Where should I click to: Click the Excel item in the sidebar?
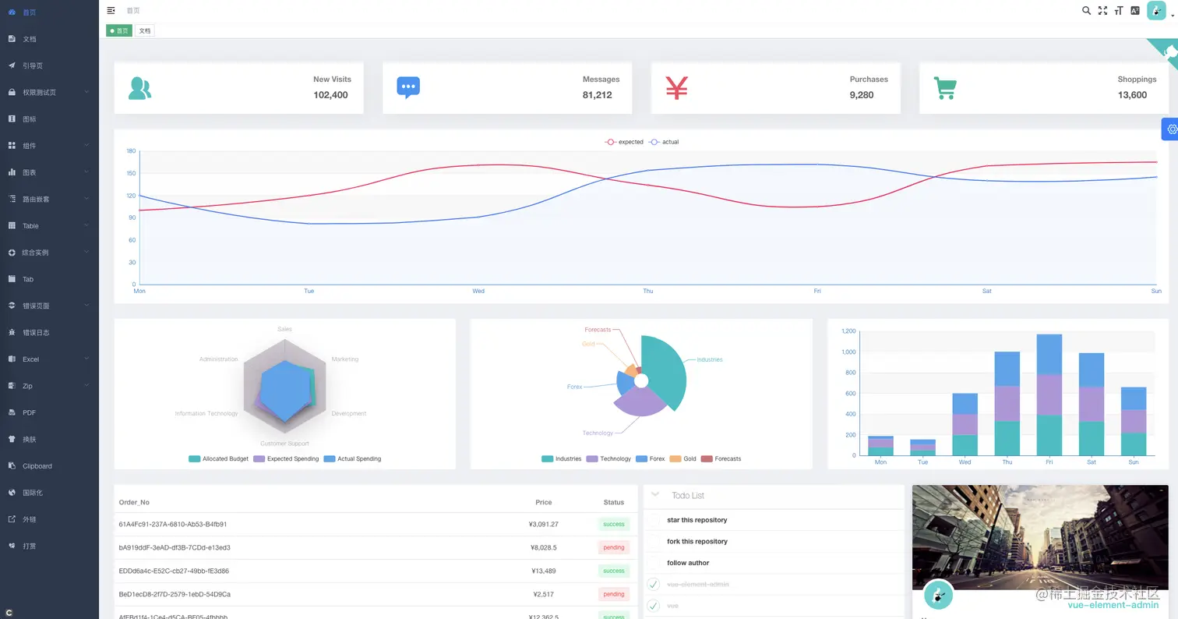coord(30,359)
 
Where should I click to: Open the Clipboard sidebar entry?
coord(37,466)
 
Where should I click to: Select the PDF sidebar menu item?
coord(29,412)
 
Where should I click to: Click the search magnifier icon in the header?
coord(1087,10)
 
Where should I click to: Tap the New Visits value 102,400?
coord(330,95)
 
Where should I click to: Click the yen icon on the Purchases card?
coord(676,87)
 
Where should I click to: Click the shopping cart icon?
coord(945,88)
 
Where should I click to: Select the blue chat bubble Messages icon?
coord(408,87)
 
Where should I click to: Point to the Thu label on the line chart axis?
coord(648,292)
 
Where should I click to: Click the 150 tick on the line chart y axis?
coord(131,173)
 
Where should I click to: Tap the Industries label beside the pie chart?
coord(709,359)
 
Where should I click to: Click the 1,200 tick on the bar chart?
coord(848,331)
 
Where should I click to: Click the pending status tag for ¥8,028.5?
coord(614,547)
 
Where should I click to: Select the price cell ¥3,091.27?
coord(543,525)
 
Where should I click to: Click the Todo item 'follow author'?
coord(688,563)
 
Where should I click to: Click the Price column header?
coord(543,503)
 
